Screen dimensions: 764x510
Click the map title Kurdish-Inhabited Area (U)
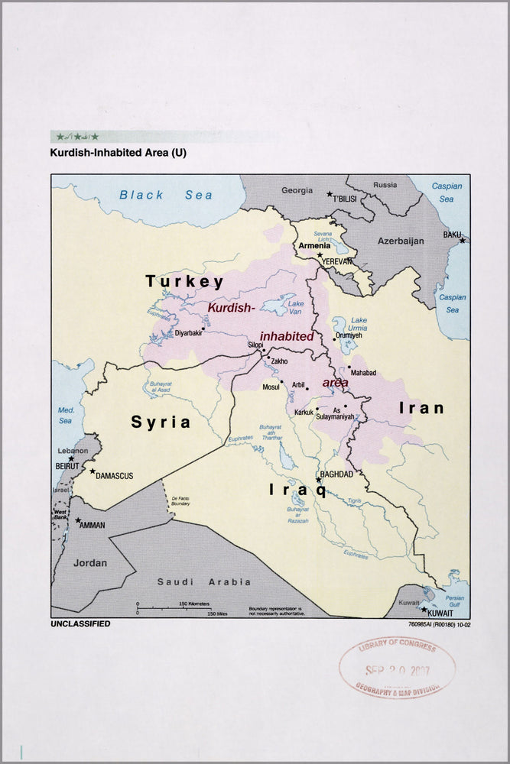pyautogui.click(x=118, y=153)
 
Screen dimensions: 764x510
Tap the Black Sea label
pyautogui.click(x=166, y=195)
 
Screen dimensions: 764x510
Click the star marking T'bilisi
pyautogui.click(x=330, y=194)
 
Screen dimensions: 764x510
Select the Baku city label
pyautogui.click(x=452, y=235)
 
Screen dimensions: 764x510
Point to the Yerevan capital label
pyautogui.click(x=337, y=261)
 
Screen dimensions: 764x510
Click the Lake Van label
pyautogui.click(x=294, y=307)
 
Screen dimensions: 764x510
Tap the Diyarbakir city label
pyautogui.click(x=189, y=333)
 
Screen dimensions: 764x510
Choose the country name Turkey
pyautogui.click(x=185, y=281)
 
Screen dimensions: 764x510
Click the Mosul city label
pyautogui.click(x=271, y=387)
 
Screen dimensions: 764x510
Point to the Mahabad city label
pyautogui.click(x=363, y=373)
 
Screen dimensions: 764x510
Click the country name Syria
pyautogui.click(x=161, y=422)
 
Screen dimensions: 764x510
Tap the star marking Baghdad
pyautogui.click(x=319, y=480)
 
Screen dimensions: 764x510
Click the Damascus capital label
pyautogui.click(x=114, y=476)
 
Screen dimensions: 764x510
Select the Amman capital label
pyautogui.click(x=92, y=525)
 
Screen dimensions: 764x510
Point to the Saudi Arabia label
pyautogui.click(x=203, y=581)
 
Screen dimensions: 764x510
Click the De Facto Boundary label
pyautogui.click(x=180, y=500)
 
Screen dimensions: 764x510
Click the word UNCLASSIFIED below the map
pyautogui.click(x=80, y=623)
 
